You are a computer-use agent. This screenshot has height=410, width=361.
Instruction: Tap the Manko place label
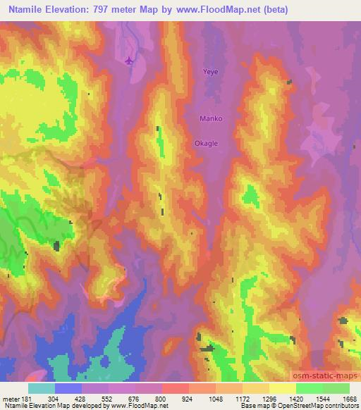point(211,119)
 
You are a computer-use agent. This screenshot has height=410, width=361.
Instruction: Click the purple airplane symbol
point(128,61)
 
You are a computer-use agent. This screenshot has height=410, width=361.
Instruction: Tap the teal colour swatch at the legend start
point(42,387)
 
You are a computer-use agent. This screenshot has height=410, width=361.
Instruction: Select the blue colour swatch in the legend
point(68,387)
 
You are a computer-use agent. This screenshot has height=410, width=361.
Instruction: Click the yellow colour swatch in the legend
point(283,387)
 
